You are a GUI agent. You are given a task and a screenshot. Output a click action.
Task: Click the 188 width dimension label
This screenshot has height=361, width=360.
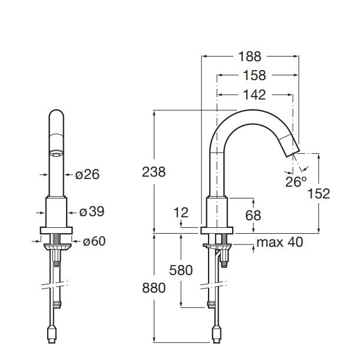(x=250, y=57)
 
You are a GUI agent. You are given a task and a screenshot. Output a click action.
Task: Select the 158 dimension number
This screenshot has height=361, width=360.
(x=255, y=75)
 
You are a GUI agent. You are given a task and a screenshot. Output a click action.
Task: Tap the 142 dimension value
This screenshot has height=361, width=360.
(x=255, y=95)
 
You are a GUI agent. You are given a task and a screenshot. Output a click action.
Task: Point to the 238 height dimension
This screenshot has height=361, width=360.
(x=154, y=172)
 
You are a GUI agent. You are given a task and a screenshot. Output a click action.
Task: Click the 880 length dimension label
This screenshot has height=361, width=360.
(x=154, y=288)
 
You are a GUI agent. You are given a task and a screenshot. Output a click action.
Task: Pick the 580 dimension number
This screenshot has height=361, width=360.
(x=181, y=270)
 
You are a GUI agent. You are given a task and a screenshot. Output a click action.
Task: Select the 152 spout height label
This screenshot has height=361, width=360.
(x=319, y=194)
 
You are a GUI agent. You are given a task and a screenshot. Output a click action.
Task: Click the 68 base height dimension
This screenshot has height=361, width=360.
(x=253, y=216)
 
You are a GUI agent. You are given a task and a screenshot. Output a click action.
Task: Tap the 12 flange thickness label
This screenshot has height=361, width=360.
(x=181, y=212)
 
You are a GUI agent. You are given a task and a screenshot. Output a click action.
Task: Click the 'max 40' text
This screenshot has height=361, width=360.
(x=280, y=242)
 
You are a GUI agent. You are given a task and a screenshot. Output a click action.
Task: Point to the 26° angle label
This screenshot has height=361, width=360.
(x=296, y=181)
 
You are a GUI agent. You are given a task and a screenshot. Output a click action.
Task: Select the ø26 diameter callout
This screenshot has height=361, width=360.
(x=87, y=174)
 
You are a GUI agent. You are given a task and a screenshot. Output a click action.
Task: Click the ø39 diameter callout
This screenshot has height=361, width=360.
(x=92, y=211)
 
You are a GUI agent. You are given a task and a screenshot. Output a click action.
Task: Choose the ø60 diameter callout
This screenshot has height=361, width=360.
(x=94, y=241)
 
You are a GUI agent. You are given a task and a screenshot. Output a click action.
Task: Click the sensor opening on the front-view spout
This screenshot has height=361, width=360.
(x=57, y=153)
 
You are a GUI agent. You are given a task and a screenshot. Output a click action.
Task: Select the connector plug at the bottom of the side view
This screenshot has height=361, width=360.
(x=216, y=335)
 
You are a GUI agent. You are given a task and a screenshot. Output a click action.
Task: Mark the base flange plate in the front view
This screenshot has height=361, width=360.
(x=57, y=230)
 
